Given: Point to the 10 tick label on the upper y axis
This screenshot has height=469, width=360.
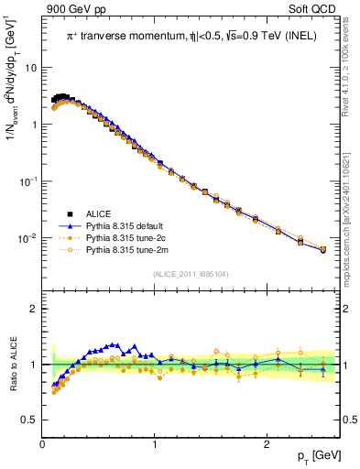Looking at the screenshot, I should pos(30,68).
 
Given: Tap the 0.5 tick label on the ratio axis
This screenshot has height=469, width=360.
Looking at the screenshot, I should pos(28,420).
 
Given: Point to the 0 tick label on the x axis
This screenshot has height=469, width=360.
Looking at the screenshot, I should pos(43,444).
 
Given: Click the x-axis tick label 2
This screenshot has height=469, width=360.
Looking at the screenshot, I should pos(267,444).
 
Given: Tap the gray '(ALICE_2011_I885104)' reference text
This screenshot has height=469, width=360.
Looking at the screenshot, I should pos(191,274).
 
